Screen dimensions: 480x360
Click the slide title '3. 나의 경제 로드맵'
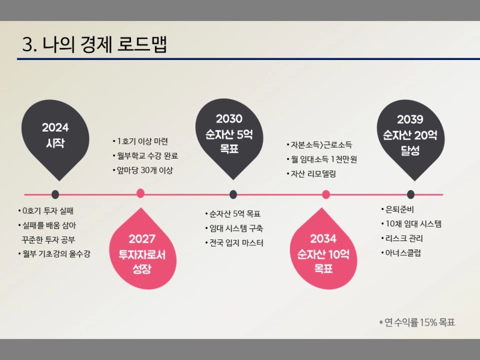click(x=95, y=45)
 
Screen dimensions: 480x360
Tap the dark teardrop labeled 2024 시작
click(x=55, y=138)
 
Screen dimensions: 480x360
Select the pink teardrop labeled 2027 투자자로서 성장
click(x=143, y=251)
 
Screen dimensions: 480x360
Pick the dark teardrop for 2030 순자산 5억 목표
click(x=229, y=136)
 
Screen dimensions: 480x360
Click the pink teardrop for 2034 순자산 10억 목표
click(x=323, y=251)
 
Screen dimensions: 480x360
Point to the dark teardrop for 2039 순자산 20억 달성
click(x=411, y=138)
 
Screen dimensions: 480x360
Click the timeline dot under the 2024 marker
click(x=55, y=194)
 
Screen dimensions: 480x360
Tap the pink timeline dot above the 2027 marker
click(x=140, y=194)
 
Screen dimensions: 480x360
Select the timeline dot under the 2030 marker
click(x=233, y=194)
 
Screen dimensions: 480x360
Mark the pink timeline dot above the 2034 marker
click(x=326, y=194)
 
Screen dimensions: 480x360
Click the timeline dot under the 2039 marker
click(x=411, y=194)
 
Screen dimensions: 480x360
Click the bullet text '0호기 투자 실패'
click(x=48, y=211)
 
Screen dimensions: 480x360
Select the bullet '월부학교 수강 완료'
click(x=147, y=156)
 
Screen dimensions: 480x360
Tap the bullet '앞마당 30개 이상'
click(x=145, y=170)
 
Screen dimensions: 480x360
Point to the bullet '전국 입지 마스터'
click(x=236, y=243)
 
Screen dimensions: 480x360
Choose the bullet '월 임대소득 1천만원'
click(x=324, y=159)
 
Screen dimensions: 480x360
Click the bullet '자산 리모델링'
click(x=313, y=174)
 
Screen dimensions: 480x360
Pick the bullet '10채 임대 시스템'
click(x=413, y=224)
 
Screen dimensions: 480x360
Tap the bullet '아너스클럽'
click(x=403, y=253)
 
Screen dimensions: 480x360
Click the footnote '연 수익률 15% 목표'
click(x=419, y=322)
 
